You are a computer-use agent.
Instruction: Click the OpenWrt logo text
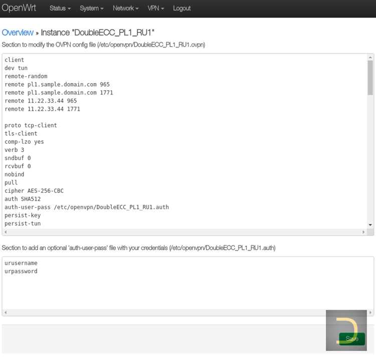coord(19,8)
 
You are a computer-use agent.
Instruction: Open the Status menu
coord(60,9)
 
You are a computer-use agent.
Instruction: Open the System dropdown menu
coord(92,9)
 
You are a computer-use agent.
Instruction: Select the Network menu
coord(126,9)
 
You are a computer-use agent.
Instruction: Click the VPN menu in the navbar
coord(155,9)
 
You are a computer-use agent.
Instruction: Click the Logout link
coord(182,9)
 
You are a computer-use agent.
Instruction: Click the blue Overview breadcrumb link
coord(18,33)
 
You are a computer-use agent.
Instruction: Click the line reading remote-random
coord(26,76)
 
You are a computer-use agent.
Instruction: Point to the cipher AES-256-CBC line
coord(34,191)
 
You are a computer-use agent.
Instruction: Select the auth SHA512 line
coord(23,199)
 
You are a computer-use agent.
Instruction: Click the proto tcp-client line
coord(31,126)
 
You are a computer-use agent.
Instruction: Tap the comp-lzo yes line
coord(24,142)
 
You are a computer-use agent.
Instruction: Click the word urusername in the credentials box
coord(21,263)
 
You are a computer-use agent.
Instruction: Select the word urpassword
coord(21,271)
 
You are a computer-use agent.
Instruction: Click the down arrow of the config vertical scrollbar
coord(370,225)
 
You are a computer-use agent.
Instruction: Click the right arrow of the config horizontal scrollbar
coord(363,232)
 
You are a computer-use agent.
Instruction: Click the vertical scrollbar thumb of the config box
coord(370,78)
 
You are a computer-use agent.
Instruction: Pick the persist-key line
coord(23,216)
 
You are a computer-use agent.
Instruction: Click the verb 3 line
coord(15,150)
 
